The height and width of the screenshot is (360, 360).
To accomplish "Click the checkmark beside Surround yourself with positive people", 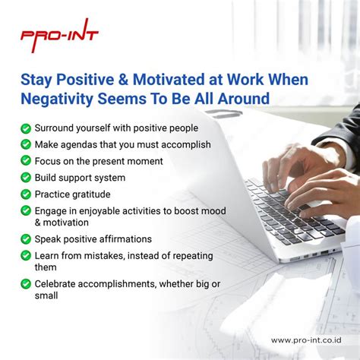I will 26,129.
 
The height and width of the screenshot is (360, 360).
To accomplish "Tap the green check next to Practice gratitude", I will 26,194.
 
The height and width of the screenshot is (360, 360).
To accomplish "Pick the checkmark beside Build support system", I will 26,178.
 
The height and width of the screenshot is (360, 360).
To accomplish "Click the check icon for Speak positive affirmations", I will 26,239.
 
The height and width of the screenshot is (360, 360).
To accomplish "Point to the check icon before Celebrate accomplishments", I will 26,283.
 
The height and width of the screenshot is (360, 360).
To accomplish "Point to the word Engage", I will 52,211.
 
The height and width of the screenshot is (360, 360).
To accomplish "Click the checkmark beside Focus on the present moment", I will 26,161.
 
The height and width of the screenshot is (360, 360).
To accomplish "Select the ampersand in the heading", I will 128,79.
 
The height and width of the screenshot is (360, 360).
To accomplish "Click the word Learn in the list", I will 48,256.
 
